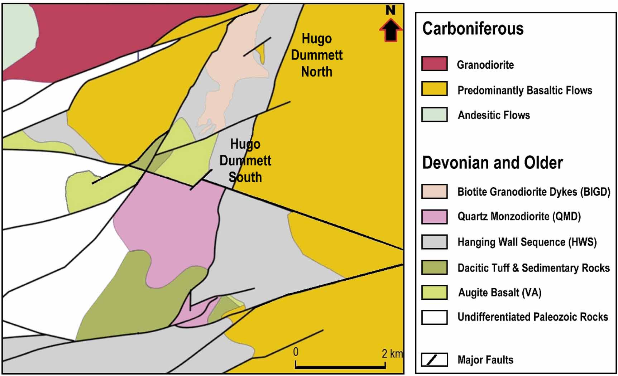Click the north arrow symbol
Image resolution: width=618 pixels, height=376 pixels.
(x=391, y=30)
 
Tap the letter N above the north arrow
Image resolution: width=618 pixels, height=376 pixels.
(x=391, y=10)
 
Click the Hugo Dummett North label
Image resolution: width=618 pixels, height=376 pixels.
(x=317, y=55)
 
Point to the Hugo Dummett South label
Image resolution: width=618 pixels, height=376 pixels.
(x=245, y=160)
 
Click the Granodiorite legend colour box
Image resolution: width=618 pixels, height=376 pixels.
(x=434, y=64)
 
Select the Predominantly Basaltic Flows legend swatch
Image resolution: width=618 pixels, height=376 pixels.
(x=434, y=89)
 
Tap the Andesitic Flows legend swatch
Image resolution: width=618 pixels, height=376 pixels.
(x=434, y=115)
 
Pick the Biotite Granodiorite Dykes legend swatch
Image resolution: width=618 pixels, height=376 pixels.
(x=434, y=191)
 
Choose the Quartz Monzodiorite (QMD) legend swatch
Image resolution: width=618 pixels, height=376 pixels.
(x=434, y=217)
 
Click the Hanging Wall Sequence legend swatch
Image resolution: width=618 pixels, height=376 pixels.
(x=434, y=242)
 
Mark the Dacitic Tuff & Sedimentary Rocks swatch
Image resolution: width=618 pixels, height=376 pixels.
(x=434, y=267)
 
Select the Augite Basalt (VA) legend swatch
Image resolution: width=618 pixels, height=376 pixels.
(x=434, y=292)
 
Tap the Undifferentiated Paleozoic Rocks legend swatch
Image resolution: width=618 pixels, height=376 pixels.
(x=434, y=317)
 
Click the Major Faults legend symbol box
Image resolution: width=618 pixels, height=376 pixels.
(x=434, y=360)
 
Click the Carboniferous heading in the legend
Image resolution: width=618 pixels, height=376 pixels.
(x=473, y=28)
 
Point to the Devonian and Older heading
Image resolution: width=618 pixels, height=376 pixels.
(x=492, y=163)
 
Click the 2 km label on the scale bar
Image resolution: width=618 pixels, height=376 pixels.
(x=392, y=354)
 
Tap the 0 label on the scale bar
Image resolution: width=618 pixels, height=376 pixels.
(x=296, y=352)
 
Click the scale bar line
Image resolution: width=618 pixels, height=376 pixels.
(x=340, y=367)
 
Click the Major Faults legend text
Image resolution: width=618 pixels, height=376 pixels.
(x=485, y=360)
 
